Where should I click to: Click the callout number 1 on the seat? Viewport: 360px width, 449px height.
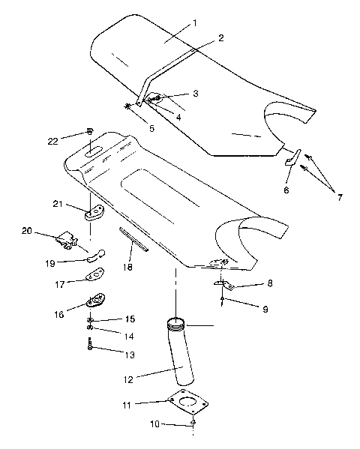click(194, 23)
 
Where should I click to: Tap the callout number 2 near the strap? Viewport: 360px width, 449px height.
click(220, 37)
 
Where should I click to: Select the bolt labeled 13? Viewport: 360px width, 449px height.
click(89, 346)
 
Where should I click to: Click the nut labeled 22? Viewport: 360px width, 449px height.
click(89, 132)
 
